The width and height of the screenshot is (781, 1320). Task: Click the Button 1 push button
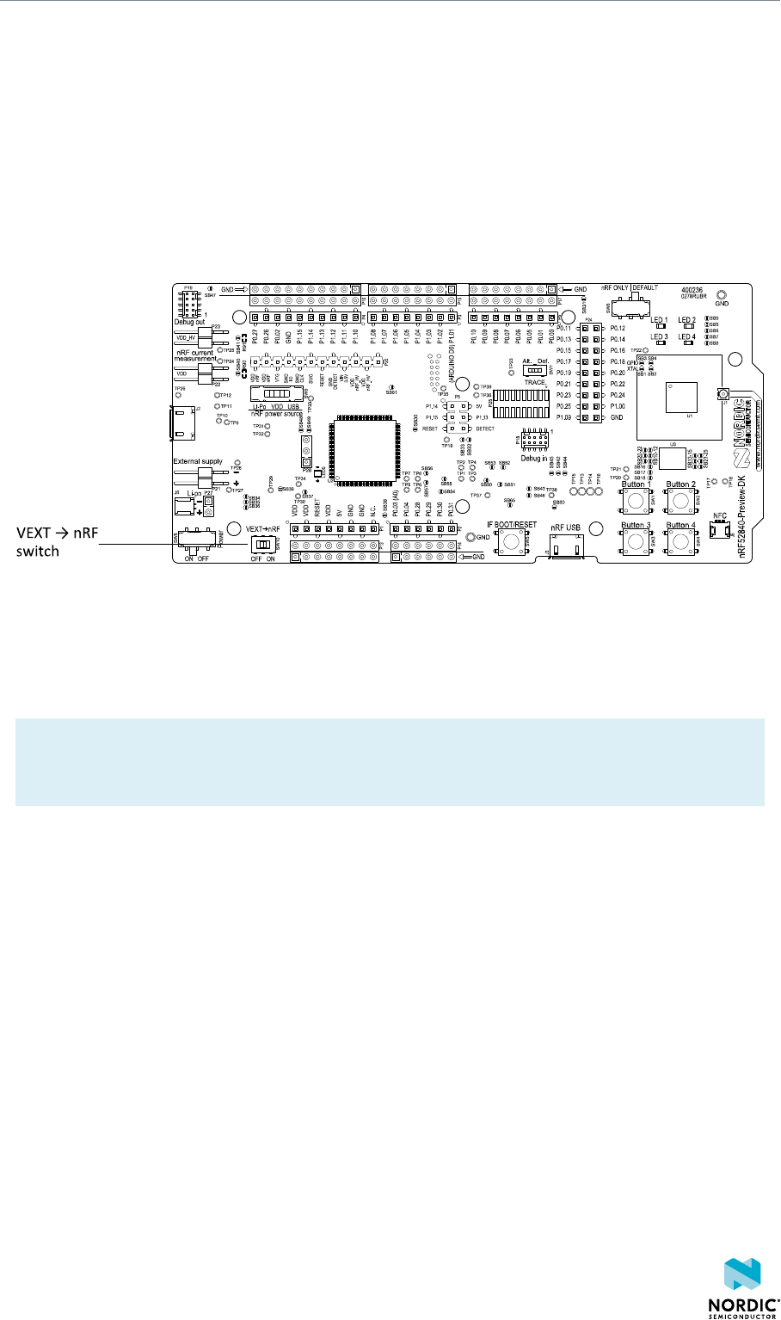click(636, 498)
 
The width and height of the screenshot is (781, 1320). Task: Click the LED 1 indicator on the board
click(660, 327)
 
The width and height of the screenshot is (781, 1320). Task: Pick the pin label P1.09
click(564, 416)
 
